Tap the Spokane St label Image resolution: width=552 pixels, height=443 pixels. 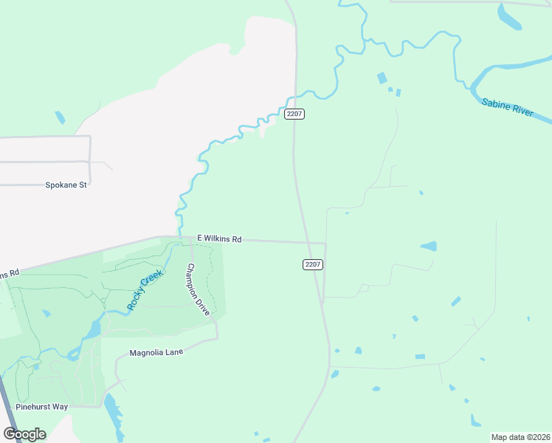(66, 185)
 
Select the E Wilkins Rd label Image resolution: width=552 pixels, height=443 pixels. (219, 239)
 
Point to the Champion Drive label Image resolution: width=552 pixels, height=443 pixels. (199, 289)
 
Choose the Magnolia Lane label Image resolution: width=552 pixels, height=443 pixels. (156, 352)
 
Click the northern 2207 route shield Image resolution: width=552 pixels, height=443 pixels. (294, 114)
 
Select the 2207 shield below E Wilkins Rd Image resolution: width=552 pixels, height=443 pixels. (313, 264)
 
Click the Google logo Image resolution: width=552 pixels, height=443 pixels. (24, 434)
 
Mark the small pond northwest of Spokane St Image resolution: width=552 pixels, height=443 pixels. (60, 117)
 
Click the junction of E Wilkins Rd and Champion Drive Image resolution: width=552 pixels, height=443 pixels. (190, 238)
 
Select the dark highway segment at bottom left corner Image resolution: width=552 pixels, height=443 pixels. (9, 411)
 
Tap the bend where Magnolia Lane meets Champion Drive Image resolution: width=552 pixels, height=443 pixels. (217, 338)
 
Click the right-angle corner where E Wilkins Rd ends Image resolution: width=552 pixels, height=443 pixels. (325, 243)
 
